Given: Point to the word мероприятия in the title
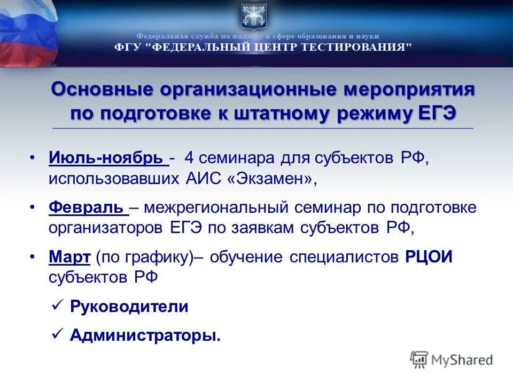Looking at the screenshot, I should click(x=409, y=89).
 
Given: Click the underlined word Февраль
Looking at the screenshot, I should click(x=88, y=207).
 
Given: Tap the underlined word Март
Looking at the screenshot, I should click(x=69, y=257).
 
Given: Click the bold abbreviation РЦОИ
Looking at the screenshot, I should click(x=429, y=257).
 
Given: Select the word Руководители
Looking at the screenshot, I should click(x=129, y=307).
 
